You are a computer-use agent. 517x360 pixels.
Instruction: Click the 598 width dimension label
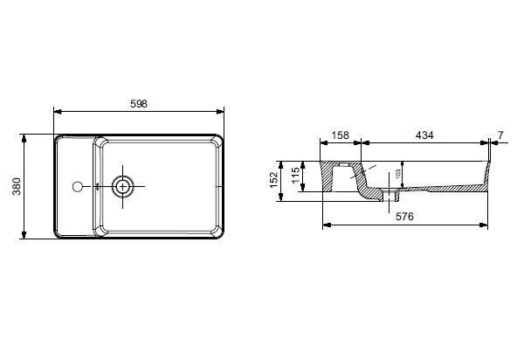pyautogui.click(x=139, y=103)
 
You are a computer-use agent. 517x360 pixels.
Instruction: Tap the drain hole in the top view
pyautogui.click(x=124, y=185)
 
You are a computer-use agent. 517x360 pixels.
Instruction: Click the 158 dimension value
pyautogui.click(x=341, y=135)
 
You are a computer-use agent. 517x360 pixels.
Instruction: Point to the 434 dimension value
pyautogui.click(x=424, y=135)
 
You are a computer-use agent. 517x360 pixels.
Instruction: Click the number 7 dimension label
pyautogui.click(x=500, y=135)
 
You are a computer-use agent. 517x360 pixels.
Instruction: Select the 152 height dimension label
pyautogui.click(x=274, y=180)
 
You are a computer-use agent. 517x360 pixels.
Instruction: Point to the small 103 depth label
pyautogui.click(x=397, y=174)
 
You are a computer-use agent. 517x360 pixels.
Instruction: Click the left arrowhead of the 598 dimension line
pyautogui.click(x=57, y=112)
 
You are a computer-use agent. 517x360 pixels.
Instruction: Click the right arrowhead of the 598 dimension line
pyautogui.click(x=222, y=112)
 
